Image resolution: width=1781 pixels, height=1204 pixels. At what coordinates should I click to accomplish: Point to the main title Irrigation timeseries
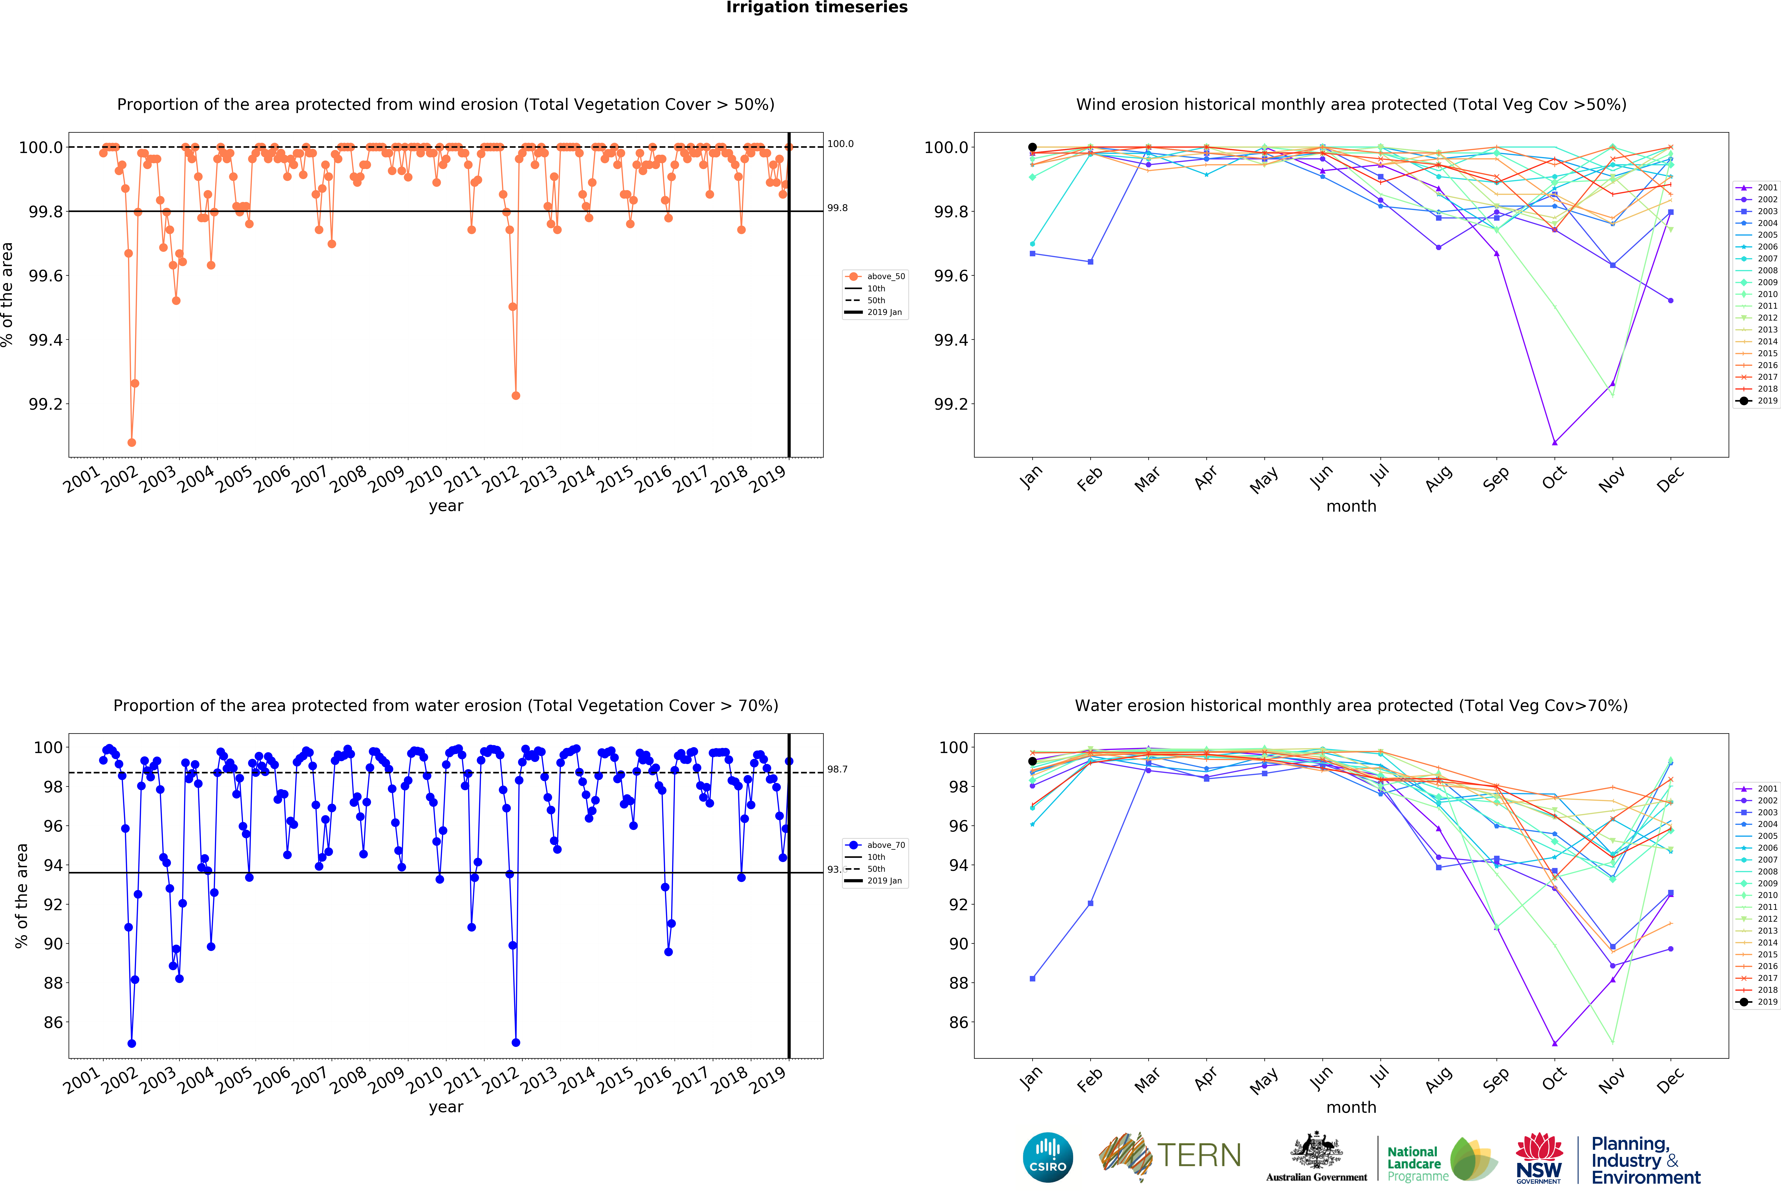(x=816, y=8)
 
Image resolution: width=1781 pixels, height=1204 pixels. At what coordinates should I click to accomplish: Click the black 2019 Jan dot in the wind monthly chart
(x=1032, y=147)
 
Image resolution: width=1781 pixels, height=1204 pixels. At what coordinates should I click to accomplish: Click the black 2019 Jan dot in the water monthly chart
(x=1032, y=761)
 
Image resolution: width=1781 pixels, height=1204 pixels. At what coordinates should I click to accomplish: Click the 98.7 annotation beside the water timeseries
(x=837, y=769)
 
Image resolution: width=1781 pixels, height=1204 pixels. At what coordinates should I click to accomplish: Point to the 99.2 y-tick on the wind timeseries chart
(x=46, y=404)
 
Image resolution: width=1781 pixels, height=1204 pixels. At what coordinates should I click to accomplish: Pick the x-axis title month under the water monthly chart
(x=1351, y=1108)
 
